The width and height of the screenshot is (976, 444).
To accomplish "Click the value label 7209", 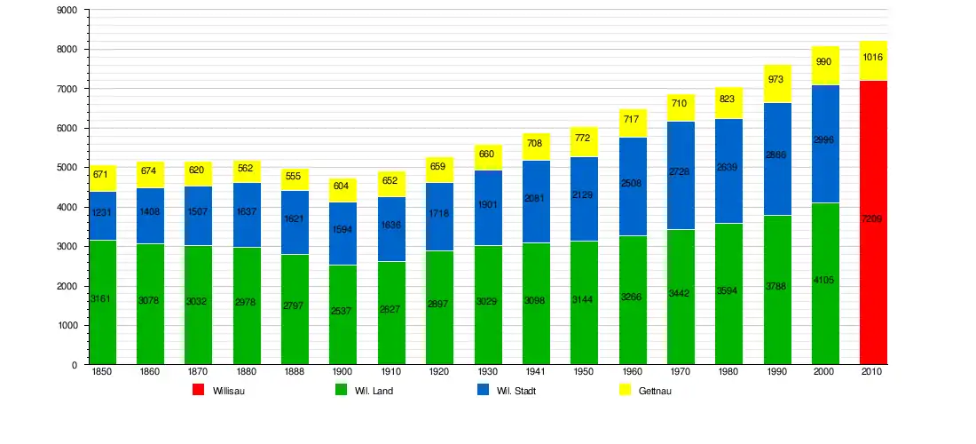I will click(873, 218).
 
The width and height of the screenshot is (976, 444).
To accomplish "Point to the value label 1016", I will click(873, 58).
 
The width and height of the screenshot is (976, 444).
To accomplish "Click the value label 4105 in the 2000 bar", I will click(825, 281).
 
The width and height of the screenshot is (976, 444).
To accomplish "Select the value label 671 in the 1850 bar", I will click(100, 174).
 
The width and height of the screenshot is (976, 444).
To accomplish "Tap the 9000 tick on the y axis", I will click(67, 11).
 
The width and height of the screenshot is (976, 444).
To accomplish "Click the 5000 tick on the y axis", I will click(67, 168).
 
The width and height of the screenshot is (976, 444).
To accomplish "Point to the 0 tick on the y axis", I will click(75, 365).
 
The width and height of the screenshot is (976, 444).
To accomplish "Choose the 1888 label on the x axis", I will click(294, 372).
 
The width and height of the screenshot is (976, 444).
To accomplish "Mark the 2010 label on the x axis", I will click(871, 372).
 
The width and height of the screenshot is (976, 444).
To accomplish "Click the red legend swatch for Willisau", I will click(199, 390).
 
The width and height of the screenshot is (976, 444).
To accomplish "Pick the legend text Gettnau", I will click(655, 391).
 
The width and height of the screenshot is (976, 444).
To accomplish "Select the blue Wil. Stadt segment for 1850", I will click(102, 216).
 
